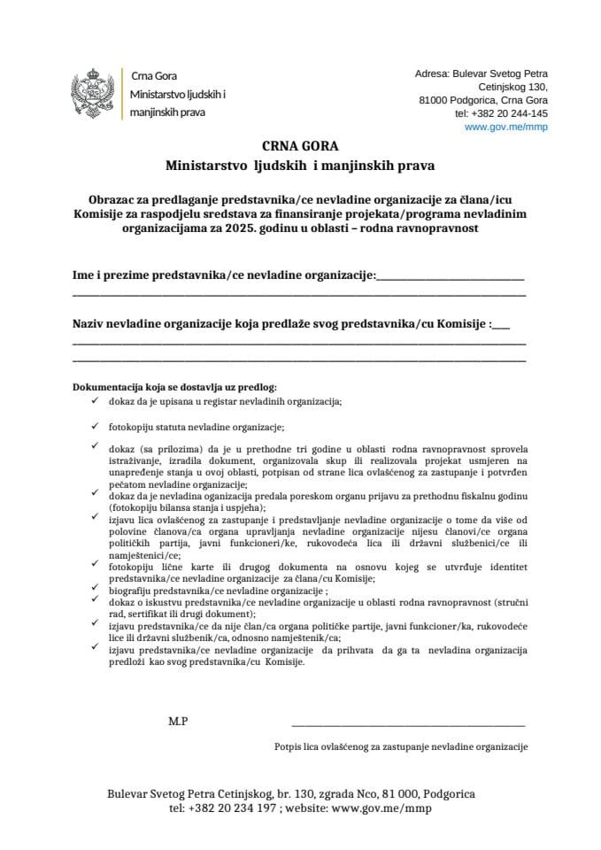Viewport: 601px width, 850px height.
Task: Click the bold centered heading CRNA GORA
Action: (300, 146)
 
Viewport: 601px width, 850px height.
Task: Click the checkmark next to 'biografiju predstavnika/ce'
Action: (95, 587)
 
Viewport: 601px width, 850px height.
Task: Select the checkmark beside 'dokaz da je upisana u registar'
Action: (95, 399)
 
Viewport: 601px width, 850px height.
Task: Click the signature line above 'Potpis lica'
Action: (408, 725)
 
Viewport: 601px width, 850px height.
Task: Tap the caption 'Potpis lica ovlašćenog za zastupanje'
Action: (401, 746)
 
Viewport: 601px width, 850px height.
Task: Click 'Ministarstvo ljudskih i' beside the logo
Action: (178, 94)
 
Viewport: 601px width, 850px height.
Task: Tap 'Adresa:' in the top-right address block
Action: (433, 73)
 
